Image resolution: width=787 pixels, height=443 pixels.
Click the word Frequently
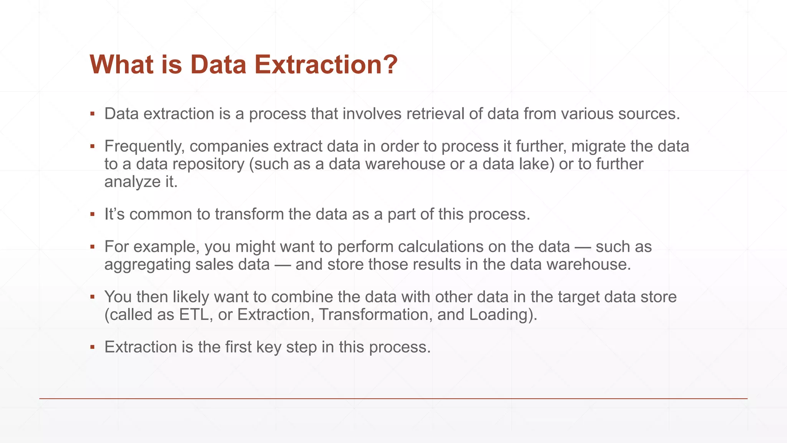point(144,147)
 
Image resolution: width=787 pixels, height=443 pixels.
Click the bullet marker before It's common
point(92,214)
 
